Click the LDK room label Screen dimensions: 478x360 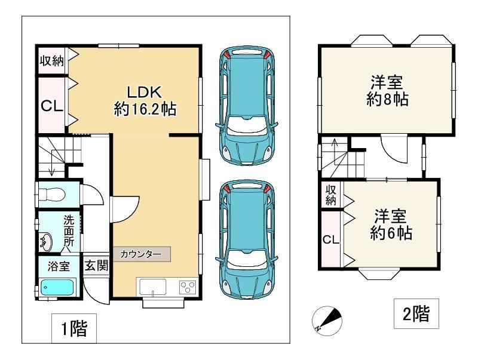pos(145,100)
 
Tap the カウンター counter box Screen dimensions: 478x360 pos(142,254)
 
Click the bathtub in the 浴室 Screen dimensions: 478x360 pos(59,287)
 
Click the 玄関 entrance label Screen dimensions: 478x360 pos(96,265)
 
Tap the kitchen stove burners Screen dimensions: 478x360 pos(188,287)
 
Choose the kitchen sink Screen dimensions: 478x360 pos(153,287)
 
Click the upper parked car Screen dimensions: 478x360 pos(246,106)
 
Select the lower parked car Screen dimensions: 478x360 pos(246,239)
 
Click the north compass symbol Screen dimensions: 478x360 pos(327,321)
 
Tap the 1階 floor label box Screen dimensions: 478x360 pos(74,328)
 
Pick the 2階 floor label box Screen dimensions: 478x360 pos(416,313)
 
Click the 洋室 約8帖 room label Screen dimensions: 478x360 pos(387,91)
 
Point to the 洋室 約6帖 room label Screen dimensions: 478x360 pos(391,224)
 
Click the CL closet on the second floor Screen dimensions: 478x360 pos(332,239)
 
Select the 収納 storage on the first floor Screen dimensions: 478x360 pos(52,61)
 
